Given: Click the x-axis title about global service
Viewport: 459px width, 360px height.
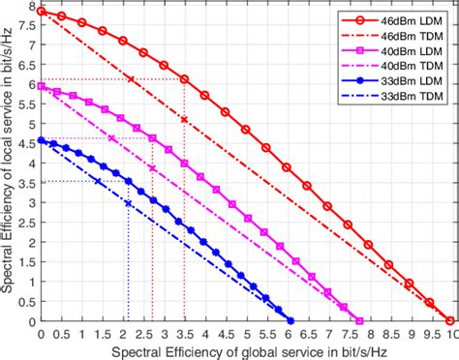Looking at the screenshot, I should (x=244, y=349).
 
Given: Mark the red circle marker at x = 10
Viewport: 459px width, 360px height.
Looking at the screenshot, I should (x=449, y=321).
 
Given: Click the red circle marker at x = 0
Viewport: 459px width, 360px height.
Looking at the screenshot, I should (x=40, y=12).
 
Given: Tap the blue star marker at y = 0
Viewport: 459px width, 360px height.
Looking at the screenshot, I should (x=290, y=321).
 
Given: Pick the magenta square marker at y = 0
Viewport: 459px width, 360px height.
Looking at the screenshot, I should (x=359, y=321).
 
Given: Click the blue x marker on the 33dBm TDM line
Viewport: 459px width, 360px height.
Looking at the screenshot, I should (x=129, y=203).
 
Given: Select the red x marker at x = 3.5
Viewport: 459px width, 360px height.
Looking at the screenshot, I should (x=184, y=119).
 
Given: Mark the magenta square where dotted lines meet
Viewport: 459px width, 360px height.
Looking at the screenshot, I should (x=152, y=138).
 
